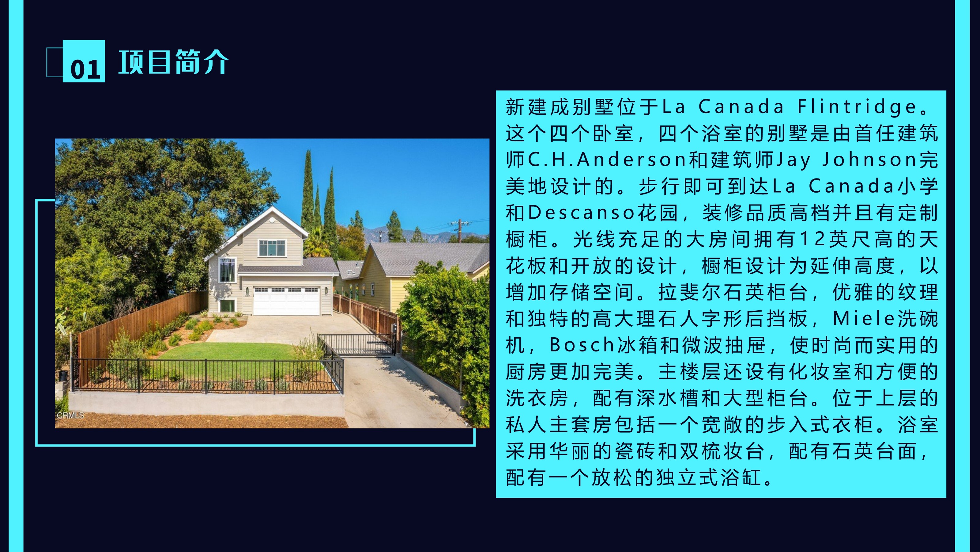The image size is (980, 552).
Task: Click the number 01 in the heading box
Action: (x=85, y=69)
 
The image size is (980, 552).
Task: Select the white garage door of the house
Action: (x=286, y=301)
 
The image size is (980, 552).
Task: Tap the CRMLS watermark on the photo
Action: (x=70, y=415)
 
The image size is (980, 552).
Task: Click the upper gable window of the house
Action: (x=272, y=248)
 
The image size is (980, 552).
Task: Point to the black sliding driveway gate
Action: (x=356, y=345)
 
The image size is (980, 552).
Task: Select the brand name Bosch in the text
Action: (x=582, y=345)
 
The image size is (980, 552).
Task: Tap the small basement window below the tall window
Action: (x=227, y=305)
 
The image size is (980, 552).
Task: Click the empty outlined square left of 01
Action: (x=55, y=63)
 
